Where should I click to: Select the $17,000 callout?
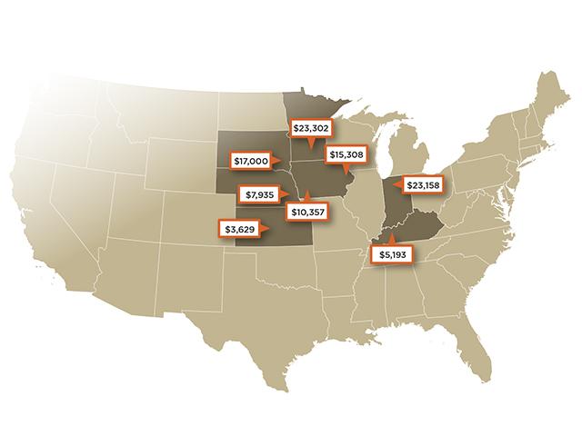251,160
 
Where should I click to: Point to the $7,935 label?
259,193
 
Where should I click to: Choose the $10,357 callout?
306,211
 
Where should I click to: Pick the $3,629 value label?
239,228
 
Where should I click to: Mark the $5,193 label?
391,254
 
